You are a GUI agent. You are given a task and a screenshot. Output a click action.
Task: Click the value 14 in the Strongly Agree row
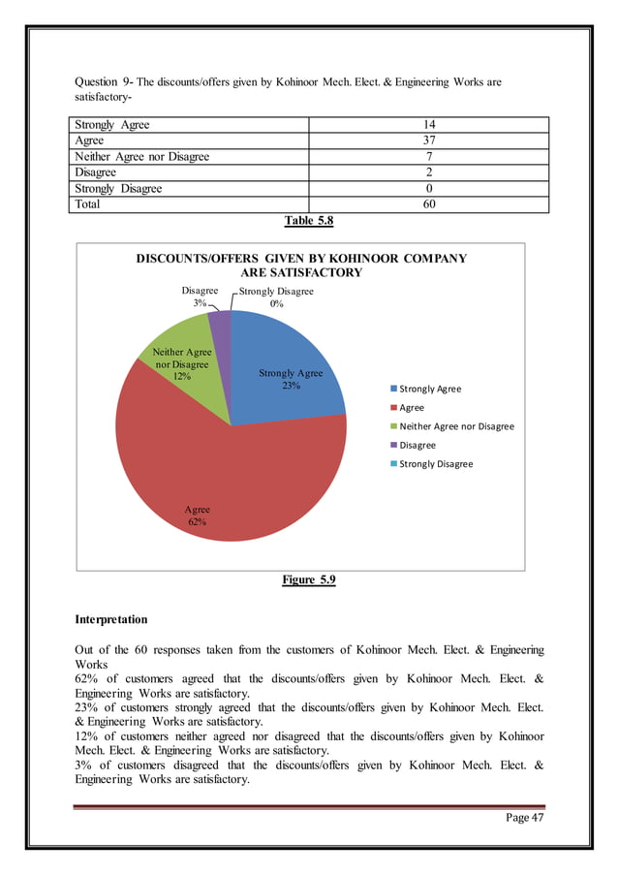pos(428,125)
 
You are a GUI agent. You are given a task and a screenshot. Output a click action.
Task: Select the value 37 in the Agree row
pos(428,140)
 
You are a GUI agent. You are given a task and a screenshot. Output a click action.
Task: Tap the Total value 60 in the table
pos(428,204)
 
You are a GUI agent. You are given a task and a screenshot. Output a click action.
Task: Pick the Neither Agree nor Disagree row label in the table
pos(141,157)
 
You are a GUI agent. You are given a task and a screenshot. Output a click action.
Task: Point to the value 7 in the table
pos(428,157)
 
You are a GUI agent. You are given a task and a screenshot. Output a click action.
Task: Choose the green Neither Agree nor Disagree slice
pos(194,383)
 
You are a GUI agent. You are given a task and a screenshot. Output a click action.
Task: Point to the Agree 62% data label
pos(198,515)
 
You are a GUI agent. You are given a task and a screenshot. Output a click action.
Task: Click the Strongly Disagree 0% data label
pos(277,297)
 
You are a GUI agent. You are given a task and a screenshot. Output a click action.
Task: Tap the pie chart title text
pos(300,265)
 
